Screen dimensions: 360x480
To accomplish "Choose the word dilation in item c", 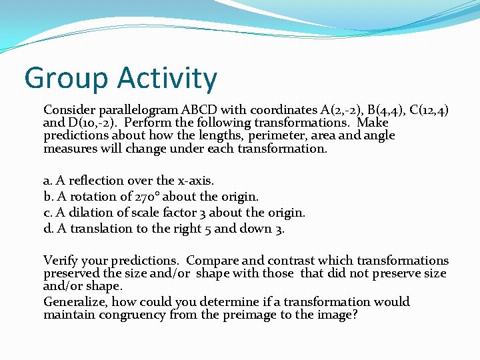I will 89,213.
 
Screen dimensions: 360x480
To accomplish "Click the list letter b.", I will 47,197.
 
